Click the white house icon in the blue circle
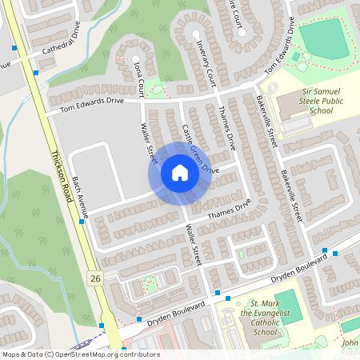coord(179,173)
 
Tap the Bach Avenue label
coord(82,194)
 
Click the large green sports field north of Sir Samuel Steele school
coord(324,37)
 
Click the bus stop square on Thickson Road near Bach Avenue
coord(82,222)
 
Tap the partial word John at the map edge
coord(349,342)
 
